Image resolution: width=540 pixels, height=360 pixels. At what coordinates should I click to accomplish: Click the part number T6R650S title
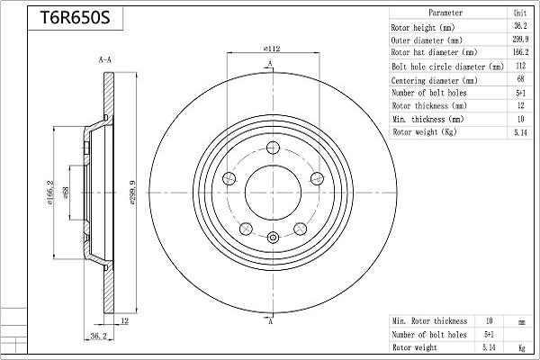[75, 18]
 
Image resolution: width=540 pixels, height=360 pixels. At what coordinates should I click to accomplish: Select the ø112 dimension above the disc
[272, 49]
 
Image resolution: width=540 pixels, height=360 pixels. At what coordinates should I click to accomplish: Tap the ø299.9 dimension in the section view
[133, 193]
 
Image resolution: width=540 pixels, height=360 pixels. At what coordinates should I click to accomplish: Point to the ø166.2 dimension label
[50, 193]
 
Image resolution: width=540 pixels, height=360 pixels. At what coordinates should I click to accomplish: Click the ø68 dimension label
[66, 193]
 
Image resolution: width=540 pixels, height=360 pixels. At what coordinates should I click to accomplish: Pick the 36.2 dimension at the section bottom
[98, 336]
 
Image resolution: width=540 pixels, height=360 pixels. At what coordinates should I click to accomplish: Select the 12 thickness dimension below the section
[125, 321]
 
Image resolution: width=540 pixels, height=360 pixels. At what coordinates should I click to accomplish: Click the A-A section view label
[105, 60]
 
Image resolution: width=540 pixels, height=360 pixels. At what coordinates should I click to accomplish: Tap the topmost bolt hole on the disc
[273, 148]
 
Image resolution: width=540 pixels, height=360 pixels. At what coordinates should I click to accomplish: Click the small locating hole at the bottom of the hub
[273, 238]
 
